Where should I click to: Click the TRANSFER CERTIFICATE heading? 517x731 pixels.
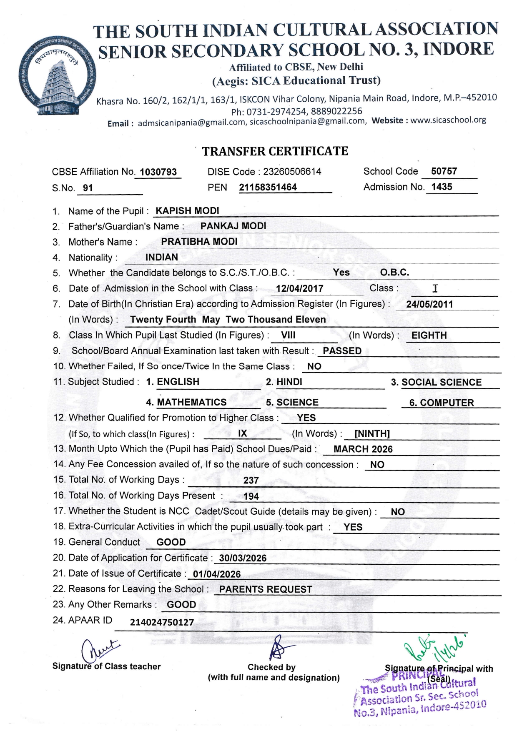275,151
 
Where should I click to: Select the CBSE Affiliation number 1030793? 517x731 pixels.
158,172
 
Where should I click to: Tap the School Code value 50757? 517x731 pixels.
444,171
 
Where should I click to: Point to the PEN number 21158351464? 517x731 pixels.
268,187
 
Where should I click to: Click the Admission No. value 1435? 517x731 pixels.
442,187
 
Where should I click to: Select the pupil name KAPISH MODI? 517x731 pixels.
187,211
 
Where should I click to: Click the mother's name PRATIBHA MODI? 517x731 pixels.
199,242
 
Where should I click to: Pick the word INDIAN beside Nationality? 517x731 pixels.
162,257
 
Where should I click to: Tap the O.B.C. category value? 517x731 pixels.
394,273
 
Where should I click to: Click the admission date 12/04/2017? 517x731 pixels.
299,288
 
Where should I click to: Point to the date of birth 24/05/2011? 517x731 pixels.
429,304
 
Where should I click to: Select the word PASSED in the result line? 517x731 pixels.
342,351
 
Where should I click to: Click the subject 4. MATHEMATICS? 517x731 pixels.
186,402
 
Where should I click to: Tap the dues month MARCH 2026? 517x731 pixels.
363,449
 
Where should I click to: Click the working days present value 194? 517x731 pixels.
251,496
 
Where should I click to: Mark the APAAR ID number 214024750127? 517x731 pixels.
162,623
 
